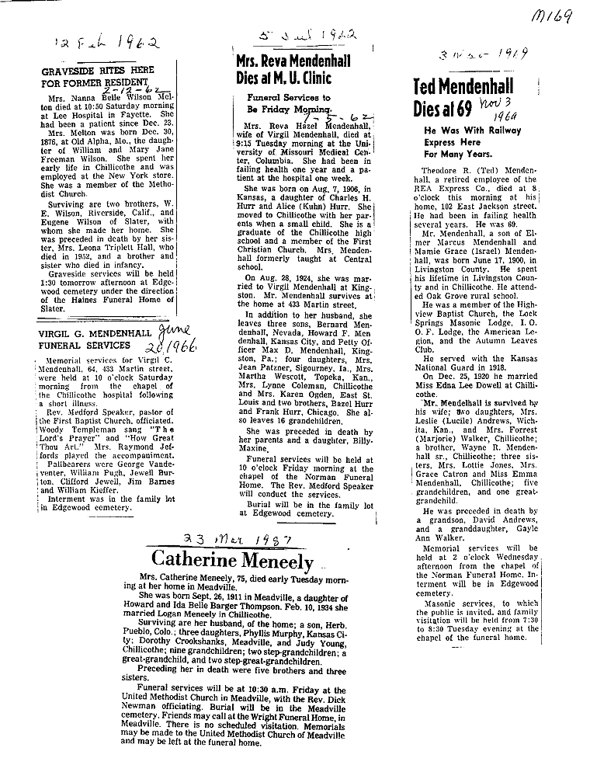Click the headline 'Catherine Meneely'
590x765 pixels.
pos(232,560)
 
